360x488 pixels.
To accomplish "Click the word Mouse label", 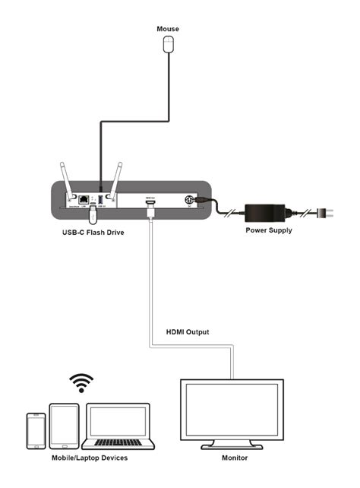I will (x=168, y=29).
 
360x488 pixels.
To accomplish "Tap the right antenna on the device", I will (x=118, y=180).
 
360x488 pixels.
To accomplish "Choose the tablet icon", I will (x=64, y=426).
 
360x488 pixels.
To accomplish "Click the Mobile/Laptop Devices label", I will (x=90, y=458).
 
